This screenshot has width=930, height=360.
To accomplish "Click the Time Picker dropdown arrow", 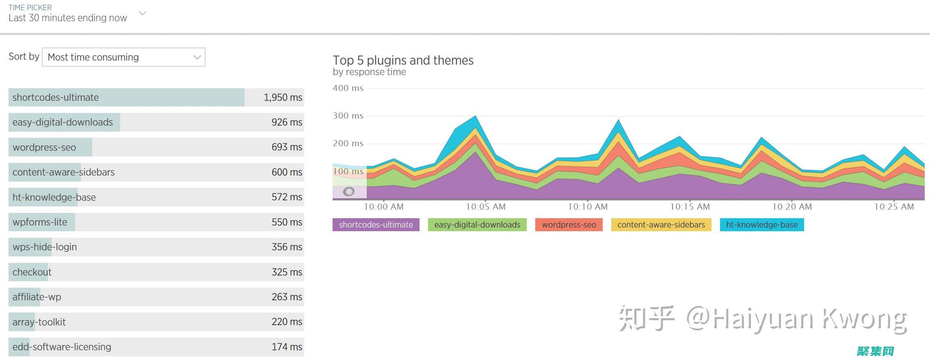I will (x=142, y=13).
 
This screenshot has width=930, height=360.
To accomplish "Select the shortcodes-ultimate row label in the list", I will (x=56, y=98).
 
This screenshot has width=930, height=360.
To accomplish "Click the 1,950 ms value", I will (x=283, y=98).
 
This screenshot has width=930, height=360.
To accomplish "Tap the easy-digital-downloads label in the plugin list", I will (x=63, y=122).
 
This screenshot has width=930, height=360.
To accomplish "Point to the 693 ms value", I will (x=287, y=147).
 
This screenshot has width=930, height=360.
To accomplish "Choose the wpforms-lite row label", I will (x=40, y=222).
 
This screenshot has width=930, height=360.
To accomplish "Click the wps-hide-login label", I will (x=45, y=247).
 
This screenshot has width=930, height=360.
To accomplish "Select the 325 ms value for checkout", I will (x=287, y=272).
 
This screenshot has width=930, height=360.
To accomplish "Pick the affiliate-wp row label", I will (x=37, y=297).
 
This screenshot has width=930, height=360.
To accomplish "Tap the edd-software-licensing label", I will (x=62, y=347).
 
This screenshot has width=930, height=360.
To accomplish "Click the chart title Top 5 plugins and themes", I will (x=403, y=61).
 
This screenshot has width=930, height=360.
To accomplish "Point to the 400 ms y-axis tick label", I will (x=348, y=88).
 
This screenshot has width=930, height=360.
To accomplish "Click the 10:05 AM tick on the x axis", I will (x=486, y=207).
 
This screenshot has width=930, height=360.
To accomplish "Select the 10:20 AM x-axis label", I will (x=792, y=207).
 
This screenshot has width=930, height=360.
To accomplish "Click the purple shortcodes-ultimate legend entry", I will (x=376, y=225).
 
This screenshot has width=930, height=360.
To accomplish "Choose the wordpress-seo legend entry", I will (x=569, y=225).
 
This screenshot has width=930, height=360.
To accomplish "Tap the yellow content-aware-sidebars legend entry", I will (x=661, y=225).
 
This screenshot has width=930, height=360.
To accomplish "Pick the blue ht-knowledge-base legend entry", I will (x=761, y=225).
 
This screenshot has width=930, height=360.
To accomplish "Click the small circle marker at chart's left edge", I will (x=348, y=192).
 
